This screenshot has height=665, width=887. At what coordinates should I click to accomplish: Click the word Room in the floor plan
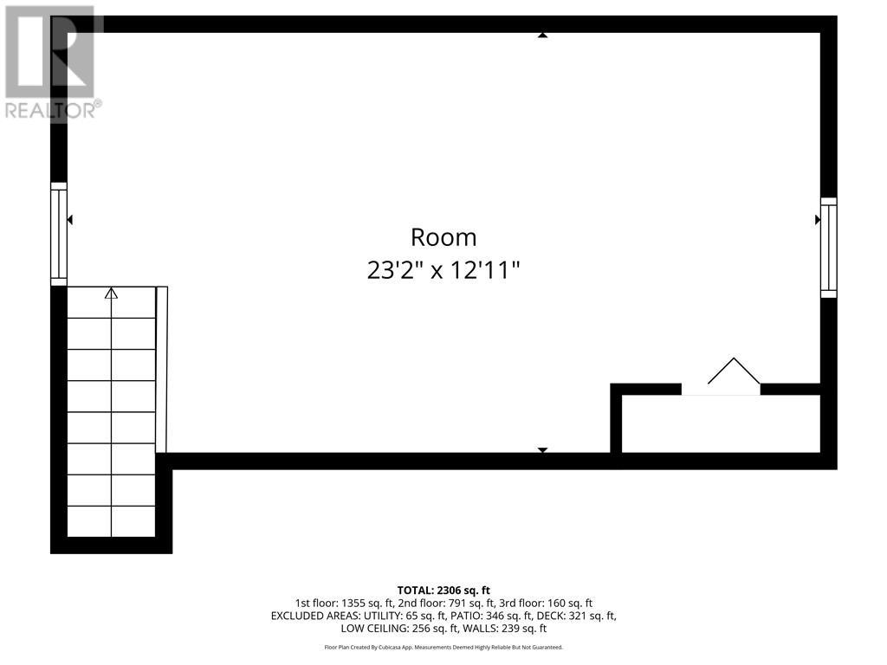tap(443, 237)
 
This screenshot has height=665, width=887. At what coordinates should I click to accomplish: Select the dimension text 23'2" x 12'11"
tap(443, 270)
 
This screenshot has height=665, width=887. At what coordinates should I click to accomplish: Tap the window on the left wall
tap(59, 234)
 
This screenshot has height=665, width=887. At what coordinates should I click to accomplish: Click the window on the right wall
tap(829, 248)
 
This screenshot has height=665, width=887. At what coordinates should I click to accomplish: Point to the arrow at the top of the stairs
tap(111, 294)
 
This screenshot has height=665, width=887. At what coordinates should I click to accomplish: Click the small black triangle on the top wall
tap(542, 36)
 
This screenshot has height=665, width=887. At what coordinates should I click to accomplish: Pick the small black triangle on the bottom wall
tap(542, 449)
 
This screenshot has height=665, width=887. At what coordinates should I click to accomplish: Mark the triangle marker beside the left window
tap(69, 220)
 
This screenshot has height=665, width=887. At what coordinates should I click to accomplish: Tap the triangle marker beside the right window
tap(818, 220)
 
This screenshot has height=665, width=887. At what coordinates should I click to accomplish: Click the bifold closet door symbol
tap(733, 374)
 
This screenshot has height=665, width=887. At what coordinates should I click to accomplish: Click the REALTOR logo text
tap(52, 110)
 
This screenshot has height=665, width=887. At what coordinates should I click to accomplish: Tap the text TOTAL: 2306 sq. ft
tap(443, 590)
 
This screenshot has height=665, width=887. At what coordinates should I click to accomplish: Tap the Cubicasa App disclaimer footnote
tap(443, 647)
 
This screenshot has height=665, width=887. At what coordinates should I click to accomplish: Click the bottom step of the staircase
tap(111, 521)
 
